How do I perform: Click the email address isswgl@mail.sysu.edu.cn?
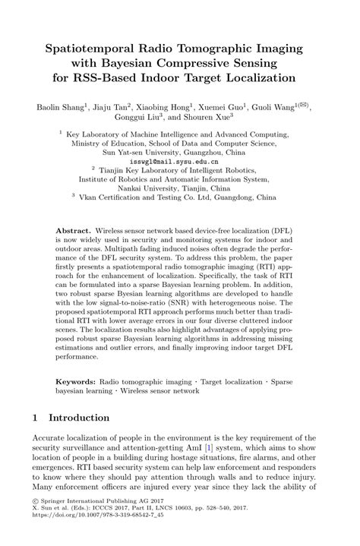(179, 161)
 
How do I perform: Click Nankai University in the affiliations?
(158, 191)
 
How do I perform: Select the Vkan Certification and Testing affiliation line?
(180, 200)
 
